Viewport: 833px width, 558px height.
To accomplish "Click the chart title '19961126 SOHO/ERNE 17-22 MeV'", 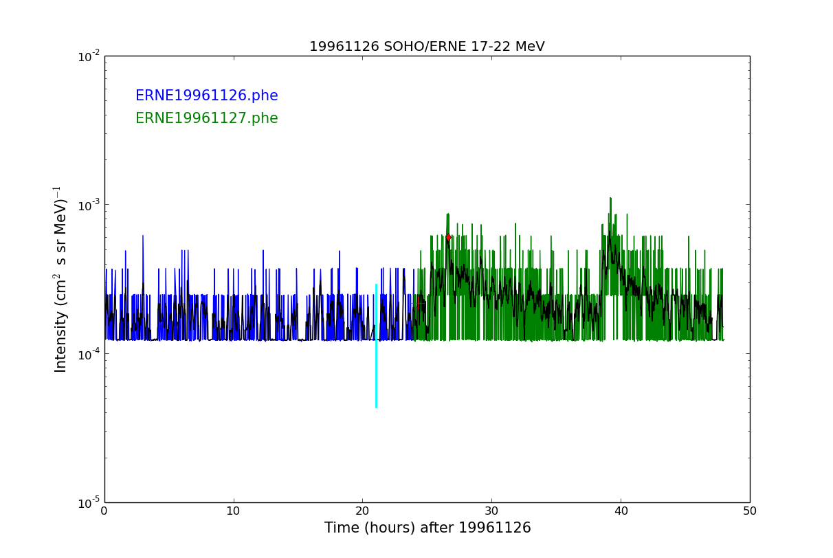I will pyautogui.click(x=427, y=47).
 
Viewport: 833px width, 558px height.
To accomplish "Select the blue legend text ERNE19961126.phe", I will pyautogui.click(x=206, y=96).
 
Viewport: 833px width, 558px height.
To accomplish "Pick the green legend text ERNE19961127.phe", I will pyautogui.click(x=206, y=119).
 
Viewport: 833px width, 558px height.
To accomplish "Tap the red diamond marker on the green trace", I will pyautogui.click(x=448, y=237).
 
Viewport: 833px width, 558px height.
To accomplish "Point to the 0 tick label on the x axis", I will pyautogui.click(x=104, y=511).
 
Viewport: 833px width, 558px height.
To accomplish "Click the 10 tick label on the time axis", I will pyautogui.click(x=234, y=511).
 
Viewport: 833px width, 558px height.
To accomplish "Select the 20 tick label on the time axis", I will pyautogui.click(x=362, y=511).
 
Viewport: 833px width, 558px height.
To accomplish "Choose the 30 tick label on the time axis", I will pyautogui.click(x=491, y=511).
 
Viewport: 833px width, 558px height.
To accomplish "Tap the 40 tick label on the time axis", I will pyautogui.click(x=621, y=511).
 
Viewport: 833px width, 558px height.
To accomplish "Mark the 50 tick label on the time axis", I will pyautogui.click(x=749, y=511).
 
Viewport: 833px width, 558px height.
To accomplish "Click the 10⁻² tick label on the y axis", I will pyautogui.click(x=90, y=56).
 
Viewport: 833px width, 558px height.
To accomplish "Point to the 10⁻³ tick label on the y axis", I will pyautogui.click(x=90, y=205).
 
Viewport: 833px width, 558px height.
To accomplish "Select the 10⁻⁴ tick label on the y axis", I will pyautogui.click(x=90, y=354).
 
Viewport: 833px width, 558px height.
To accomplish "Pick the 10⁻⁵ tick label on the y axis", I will pyautogui.click(x=90, y=502).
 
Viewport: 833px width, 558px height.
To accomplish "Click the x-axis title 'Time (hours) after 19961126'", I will pyautogui.click(x=427, y=528).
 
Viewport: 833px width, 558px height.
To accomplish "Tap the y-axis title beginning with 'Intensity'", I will pyautogui.click(x=60, y=279).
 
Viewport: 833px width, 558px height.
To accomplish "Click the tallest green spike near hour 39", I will pyautogui.click(x=610, y=199).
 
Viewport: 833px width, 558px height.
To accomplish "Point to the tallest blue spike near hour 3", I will pyautogui.click(x=143, y=237).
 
